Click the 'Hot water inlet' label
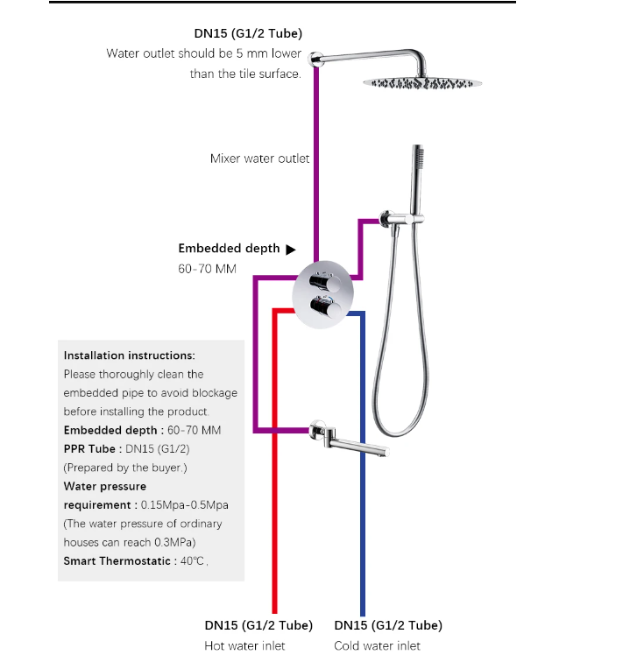244,646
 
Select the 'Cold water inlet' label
377,646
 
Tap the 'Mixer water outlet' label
259,158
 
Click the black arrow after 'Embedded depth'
291,249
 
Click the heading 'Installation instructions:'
129,356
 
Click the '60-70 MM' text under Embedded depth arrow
207,269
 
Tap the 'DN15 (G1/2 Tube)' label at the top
248,34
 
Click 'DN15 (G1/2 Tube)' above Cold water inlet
388,625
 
